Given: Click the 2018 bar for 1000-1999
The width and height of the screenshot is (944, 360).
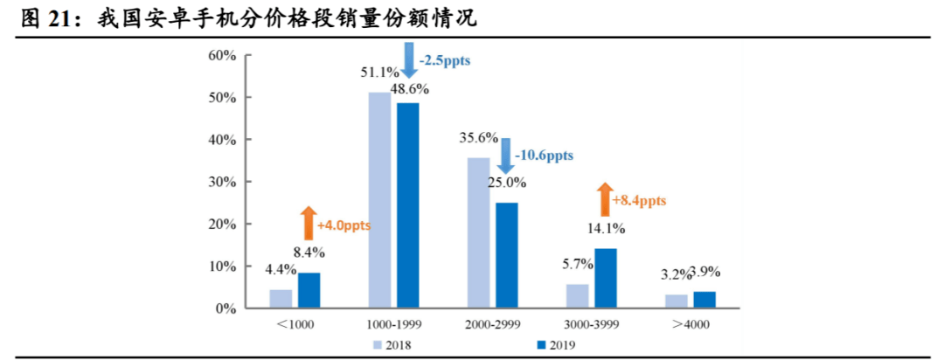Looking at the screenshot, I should [379, 200].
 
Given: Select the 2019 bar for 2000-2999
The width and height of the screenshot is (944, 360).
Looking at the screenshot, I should [506, 255].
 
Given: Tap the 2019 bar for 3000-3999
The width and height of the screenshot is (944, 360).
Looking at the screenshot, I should [605, 278].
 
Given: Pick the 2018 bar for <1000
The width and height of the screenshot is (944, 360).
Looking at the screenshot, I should [281, 299].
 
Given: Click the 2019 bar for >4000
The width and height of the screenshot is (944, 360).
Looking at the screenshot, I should [704, 300].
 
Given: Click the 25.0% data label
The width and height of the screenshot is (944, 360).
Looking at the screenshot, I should [508, 183].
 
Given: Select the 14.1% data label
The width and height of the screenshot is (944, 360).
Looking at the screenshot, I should [606, 230].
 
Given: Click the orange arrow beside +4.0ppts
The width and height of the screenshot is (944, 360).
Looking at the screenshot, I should [307, 224].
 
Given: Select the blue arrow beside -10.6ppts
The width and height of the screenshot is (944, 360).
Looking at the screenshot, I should [504, 156].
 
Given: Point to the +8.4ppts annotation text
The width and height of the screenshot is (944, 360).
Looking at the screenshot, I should [638, 201].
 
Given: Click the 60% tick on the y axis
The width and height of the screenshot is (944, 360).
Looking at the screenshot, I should [222, 55].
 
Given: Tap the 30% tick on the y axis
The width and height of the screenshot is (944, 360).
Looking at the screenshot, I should [222, 182].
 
